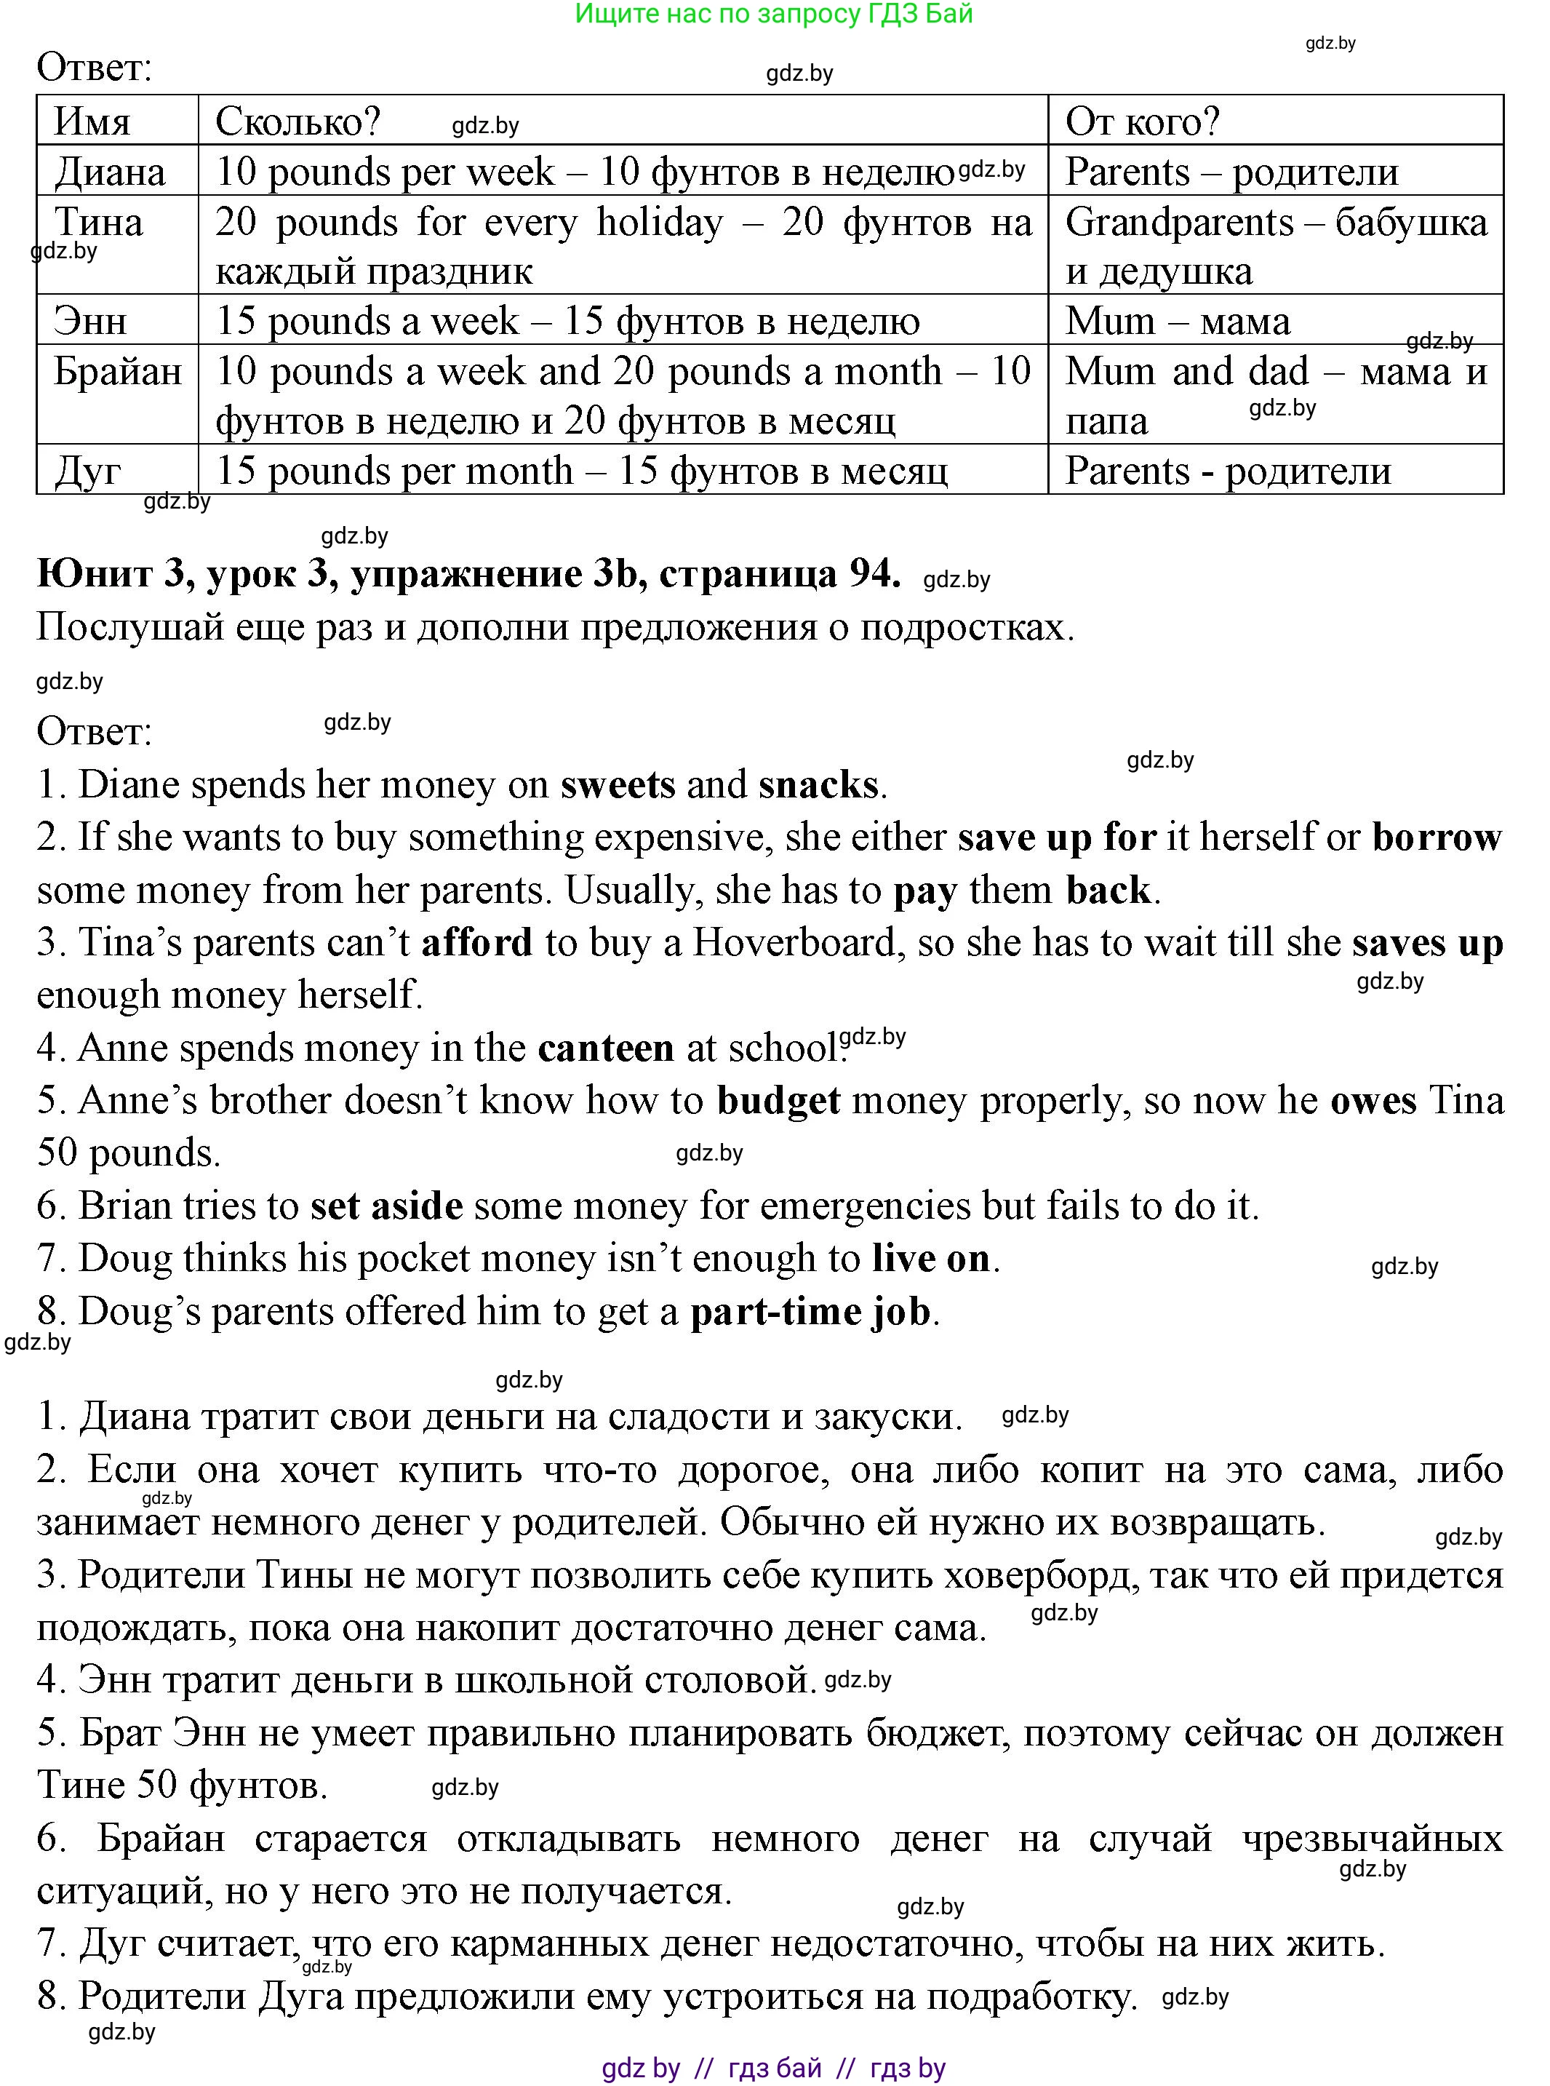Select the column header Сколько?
(297, 121)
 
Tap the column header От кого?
(1142, 121)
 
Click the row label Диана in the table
(110, 172)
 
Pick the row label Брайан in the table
(117, 372)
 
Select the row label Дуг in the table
(87, 470)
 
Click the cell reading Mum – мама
(1177, 321)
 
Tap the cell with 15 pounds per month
(582, 470)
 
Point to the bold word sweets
(618, 784)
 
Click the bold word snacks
(818, 784)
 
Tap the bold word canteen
(605, 1047)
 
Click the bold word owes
(1373, 1100)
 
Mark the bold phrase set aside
(386, 1206)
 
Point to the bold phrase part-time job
(811, 1311)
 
